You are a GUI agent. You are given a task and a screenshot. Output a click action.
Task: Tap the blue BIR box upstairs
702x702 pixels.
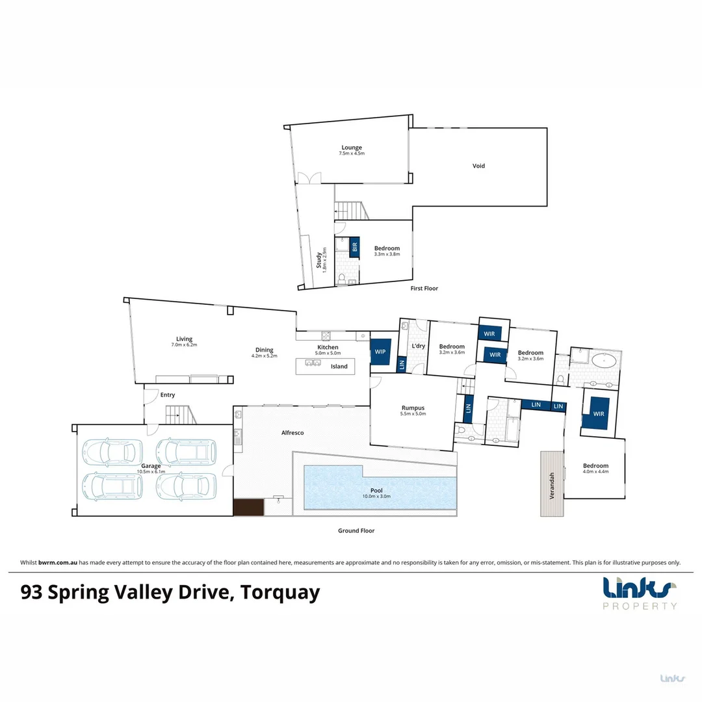[x=354, y=247]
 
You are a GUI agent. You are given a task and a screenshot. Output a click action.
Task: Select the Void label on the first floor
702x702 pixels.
[x=478, y=166]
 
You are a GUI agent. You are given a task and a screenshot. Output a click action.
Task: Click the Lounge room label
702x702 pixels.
[x=352, y=148]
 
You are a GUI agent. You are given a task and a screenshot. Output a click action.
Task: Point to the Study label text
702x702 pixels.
[x=318, y=260]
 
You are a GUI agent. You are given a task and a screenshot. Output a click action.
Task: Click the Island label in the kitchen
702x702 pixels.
[x=339, y=367]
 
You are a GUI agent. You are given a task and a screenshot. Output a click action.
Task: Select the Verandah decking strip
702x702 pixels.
[x=551, y=484]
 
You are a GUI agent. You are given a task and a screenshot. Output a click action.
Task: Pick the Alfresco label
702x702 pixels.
[x=292, y=432]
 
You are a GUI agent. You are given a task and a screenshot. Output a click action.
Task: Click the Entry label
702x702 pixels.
[x=167, y=395]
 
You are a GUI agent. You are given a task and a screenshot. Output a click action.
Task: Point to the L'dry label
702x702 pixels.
[x=418, y=346]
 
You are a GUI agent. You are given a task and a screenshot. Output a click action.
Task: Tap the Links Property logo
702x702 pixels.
[x=640, y=592]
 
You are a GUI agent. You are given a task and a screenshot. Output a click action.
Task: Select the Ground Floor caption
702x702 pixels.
[x=356, y=530]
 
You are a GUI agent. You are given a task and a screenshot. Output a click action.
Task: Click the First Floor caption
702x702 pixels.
[x=424, y=288]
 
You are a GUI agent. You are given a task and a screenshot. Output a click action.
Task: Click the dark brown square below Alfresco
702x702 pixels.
[x=248, y=508]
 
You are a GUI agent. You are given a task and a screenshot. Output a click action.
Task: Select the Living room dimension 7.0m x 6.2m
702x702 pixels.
[x=184, y=345]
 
